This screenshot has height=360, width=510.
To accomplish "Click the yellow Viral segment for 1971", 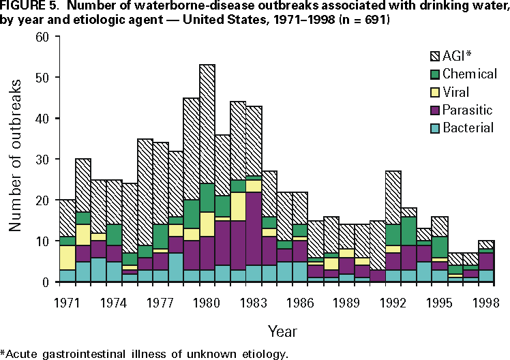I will (x=67, y=257).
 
